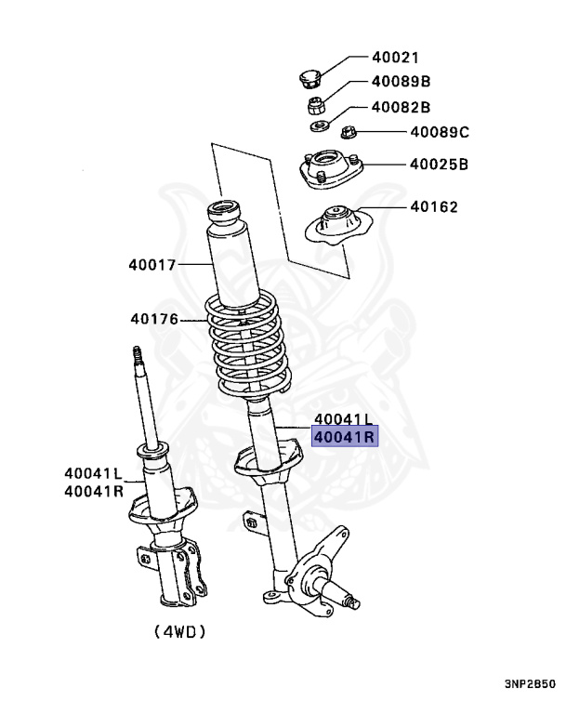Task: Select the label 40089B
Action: [x=401, y=82]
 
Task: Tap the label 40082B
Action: [x=401, y=107]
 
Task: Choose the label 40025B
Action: [x=439, y=165]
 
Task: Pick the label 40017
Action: [x=152, y=265]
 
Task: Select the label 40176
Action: [x=153, y=319]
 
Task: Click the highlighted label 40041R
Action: [x=344, y=436]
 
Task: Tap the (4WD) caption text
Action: [x=180, y=631]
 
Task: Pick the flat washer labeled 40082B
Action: [x=318, y=125]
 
